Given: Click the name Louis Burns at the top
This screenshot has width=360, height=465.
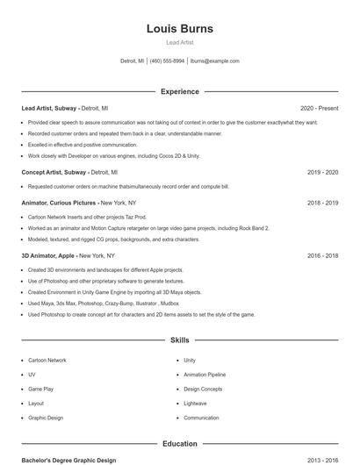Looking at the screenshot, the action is coord(179,29).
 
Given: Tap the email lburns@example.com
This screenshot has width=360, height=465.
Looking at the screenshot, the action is coord(214,61).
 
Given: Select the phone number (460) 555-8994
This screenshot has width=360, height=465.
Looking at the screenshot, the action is coord(167,61).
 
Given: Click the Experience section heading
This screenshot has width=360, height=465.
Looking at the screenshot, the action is coord(179,91).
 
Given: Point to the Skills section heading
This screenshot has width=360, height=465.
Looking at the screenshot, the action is coord(179,340).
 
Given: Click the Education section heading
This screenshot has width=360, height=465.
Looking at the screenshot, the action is coord(179,444).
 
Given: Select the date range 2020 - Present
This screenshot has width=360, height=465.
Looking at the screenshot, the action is coord(319,108).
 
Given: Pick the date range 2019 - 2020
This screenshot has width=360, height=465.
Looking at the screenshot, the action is coord(322,173).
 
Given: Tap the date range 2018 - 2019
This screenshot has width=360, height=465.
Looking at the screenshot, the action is coord(322,203).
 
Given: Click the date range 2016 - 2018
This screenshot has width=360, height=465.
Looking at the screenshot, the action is coord(322,255).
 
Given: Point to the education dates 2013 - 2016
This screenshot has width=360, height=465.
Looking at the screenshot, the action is coord(322,460).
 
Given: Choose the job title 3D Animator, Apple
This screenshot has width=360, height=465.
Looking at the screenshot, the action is coord(48,255).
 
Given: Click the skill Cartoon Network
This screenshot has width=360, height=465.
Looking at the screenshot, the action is coord(47,361).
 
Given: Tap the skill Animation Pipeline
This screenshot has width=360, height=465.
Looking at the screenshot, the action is coord(205,375).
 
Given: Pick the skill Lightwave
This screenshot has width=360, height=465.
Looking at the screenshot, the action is coord(195,404).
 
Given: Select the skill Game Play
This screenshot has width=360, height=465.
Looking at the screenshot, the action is coord(40,389).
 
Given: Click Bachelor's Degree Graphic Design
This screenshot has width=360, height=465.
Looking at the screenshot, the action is coord(68,460).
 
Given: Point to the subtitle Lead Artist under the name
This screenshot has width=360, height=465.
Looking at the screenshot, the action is coord(179,42).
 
